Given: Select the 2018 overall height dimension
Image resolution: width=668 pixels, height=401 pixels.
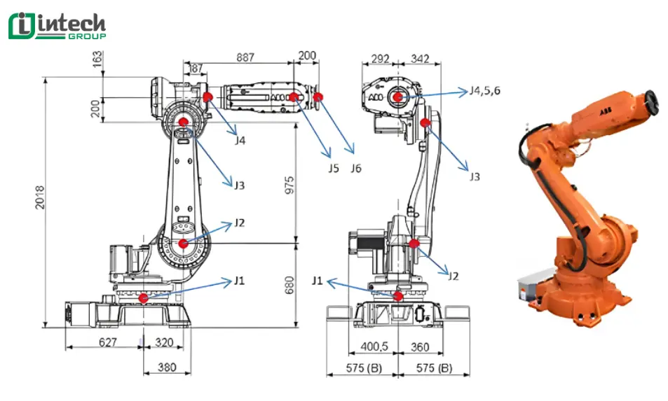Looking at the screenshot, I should tap(40, 202).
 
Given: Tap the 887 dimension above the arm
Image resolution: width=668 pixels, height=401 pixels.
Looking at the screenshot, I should tap(245, 57).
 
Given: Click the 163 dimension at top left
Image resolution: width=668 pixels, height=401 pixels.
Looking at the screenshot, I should tap(97, 62).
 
